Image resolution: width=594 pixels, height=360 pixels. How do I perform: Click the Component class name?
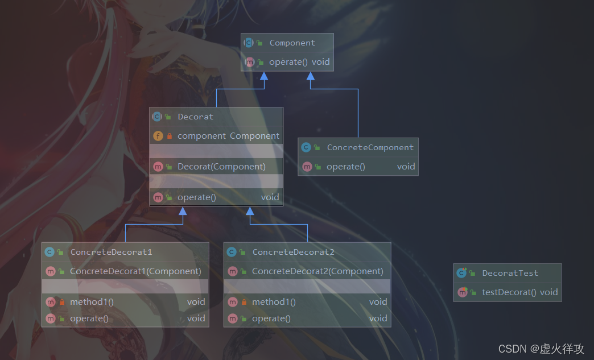(x=292, y=43)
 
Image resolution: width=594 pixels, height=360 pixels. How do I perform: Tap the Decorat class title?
(x=195, y=117)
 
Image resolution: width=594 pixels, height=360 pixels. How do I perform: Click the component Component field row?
(x=228, y=136)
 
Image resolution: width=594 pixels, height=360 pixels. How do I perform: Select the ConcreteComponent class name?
(x=370, y=147)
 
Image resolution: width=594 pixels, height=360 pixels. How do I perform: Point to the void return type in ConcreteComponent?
(x=406, y=167)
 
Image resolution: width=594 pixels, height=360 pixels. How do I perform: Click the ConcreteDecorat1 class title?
(x=111, y=252)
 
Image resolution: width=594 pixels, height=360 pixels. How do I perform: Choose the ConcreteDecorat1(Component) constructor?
(x=135, y=271)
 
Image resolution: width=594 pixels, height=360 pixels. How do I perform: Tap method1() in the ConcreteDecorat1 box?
(x=92, y=302)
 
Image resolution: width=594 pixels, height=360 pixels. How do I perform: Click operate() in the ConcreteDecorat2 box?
(x=271, y=318)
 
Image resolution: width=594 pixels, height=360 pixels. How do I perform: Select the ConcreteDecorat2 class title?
(x=293, y=252)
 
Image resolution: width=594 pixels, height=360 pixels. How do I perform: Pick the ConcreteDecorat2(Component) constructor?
(x=317, y=271)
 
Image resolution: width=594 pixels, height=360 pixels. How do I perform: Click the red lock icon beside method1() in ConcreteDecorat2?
(x=244, y=302)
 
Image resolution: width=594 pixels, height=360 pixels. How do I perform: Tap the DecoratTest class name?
(x=510, y=273)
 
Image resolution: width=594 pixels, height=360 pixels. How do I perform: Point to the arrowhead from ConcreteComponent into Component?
(x=311, y=76)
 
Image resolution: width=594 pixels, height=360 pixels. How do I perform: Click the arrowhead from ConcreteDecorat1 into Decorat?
(x=183, y=211)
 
